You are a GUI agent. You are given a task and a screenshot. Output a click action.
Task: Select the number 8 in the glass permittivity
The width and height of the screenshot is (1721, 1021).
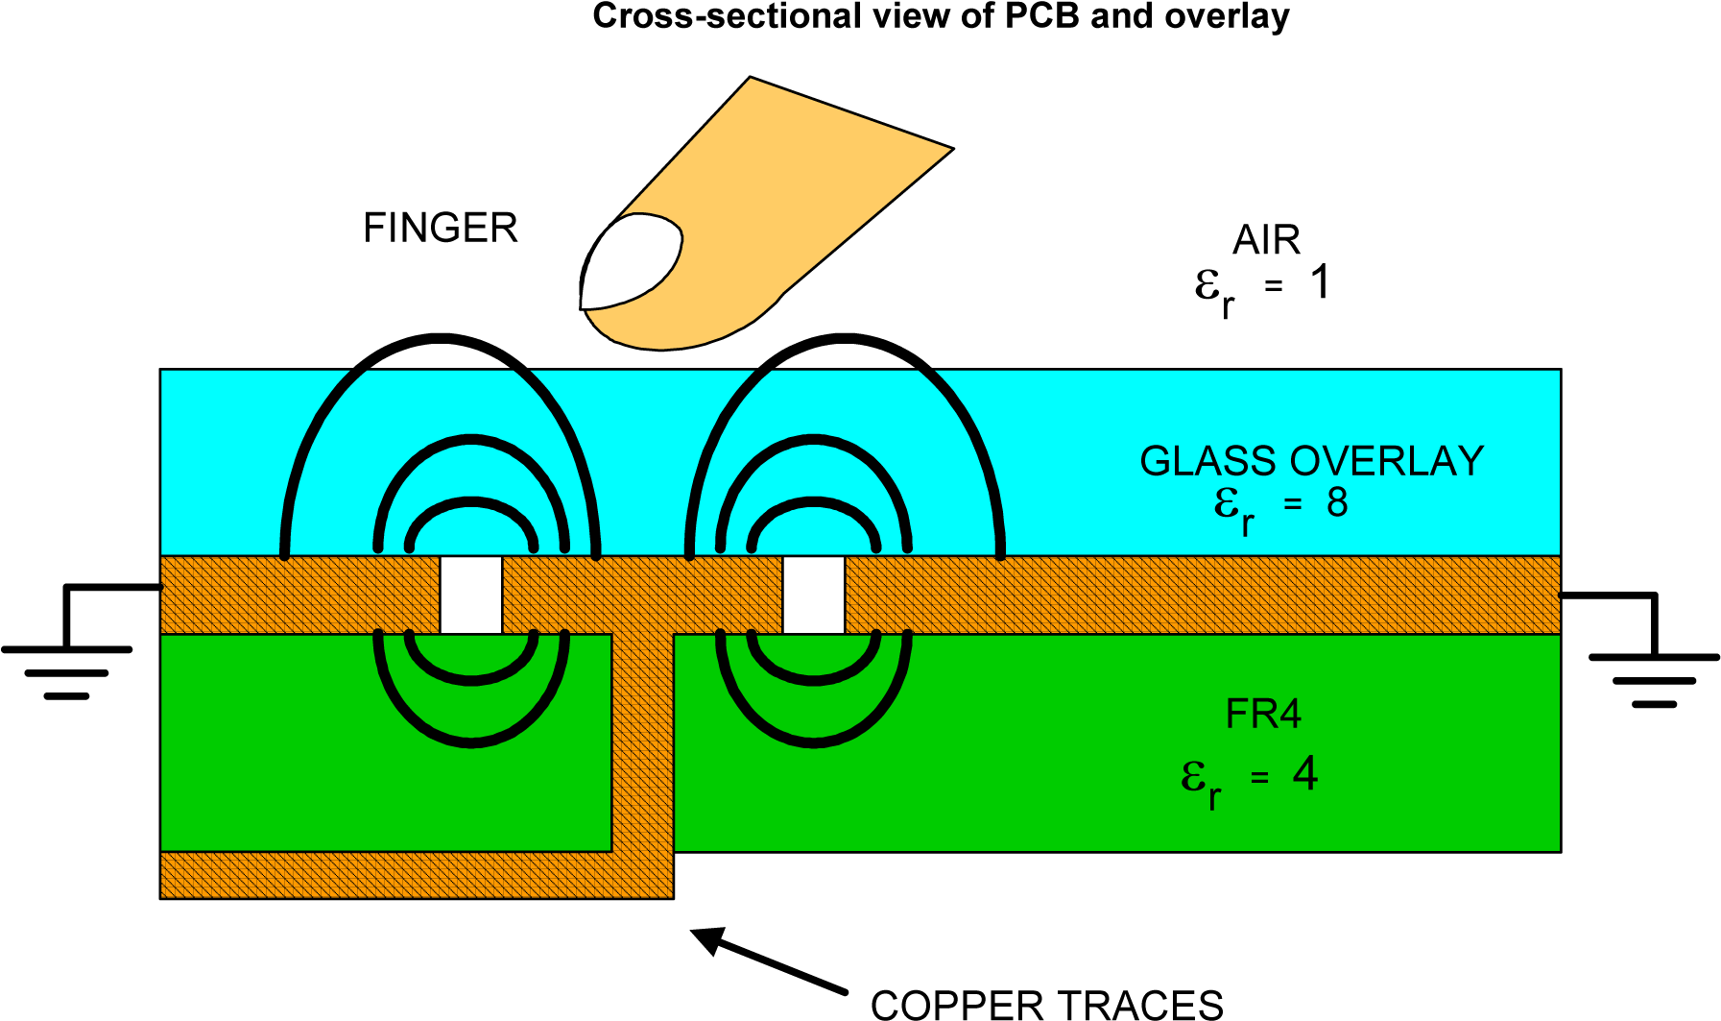1337,502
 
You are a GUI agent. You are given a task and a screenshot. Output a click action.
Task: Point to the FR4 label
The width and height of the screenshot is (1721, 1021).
1263,715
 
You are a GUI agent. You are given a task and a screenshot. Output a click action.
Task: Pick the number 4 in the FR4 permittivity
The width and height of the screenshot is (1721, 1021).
1305,774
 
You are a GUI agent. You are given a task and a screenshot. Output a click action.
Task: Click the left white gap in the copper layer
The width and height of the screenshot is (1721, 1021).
470,595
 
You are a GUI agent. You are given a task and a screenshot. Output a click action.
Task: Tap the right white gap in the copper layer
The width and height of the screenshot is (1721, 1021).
813,595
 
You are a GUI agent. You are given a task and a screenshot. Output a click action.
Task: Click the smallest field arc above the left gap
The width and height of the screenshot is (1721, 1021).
471,501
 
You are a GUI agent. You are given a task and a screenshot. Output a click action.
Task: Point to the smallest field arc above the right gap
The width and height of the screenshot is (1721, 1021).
814,501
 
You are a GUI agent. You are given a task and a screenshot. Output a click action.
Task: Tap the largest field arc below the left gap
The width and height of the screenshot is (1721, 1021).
471,742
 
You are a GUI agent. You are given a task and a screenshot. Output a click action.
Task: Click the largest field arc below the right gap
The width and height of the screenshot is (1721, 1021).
814,742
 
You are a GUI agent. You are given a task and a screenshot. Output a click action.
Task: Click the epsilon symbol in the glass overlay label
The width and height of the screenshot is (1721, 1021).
1227,502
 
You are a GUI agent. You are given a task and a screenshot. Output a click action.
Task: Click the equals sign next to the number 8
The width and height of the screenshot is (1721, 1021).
1293,504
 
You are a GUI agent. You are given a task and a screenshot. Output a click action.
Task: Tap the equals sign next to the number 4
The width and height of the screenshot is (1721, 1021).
1259,778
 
